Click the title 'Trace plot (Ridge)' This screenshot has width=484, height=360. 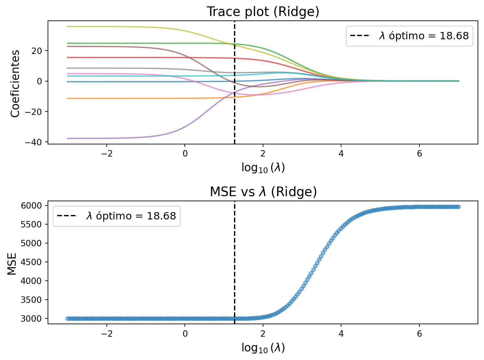(x=263, y=12)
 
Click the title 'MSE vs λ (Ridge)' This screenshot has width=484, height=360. (x=263, y=192)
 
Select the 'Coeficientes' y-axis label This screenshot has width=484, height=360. (x=15, y=83)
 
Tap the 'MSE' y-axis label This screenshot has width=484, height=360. (x=12, y=263)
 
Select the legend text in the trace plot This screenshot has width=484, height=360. (x=424, y=36)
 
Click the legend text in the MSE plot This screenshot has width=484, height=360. (x=131, y=216)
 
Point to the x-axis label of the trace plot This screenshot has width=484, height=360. (x=263, y=168)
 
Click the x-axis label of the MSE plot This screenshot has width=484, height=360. (x=263, y=348)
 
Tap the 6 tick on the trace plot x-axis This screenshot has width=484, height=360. (x=419, y=154)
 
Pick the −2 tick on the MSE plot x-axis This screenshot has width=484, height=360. (x=106, y=334)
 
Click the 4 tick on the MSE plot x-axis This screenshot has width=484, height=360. (x=341, y=334)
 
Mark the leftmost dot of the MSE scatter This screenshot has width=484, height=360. (x=67, y=318)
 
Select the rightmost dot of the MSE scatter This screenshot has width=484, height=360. (x=458, y=207)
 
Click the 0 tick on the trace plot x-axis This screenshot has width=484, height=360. (x=185, y=154)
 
